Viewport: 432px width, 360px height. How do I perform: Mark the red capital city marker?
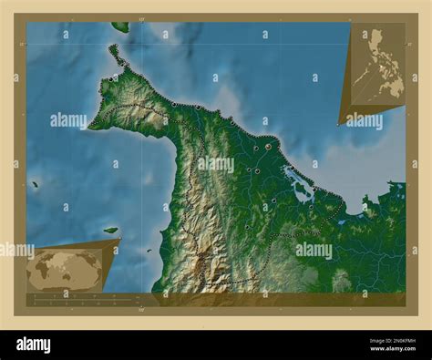(268, 146)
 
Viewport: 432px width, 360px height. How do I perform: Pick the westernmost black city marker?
(110, 80)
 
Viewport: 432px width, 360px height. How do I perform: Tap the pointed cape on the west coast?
(90, 127)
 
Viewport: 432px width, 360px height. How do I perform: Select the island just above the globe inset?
(110, 230)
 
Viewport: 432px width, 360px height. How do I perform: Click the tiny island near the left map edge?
(35, 185)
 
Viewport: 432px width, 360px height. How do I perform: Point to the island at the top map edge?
(120, 27)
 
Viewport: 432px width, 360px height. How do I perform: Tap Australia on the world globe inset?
(93, 277)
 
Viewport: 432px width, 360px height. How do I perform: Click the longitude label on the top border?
(140, 18)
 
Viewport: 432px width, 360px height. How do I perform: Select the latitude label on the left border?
(21, 44)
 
